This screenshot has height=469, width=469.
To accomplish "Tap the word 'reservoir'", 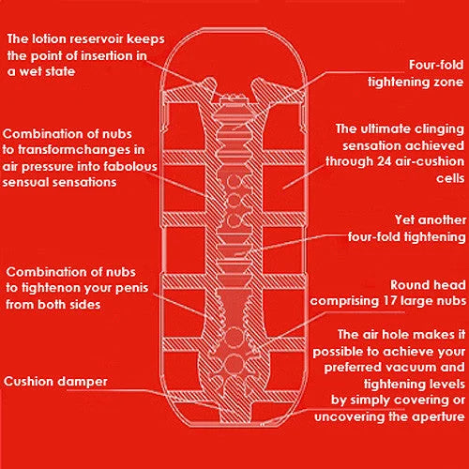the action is [x=97, y=39].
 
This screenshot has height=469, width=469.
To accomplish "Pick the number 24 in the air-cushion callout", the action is [x=385, y=161].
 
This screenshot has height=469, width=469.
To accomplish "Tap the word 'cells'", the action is [x=450, y=178].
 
